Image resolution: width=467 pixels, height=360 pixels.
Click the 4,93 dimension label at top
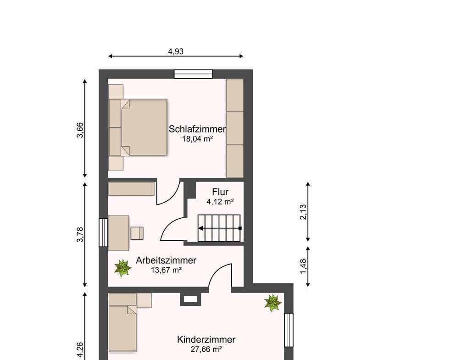click(176, 51)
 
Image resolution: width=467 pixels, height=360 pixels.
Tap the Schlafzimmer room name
click(197, 129)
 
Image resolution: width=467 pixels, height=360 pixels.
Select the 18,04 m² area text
click(197, 139)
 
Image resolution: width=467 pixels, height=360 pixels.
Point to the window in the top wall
click(194, 74)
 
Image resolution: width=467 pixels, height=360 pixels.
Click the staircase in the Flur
click(219, 228)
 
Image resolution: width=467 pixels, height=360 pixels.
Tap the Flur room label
click(220, 192)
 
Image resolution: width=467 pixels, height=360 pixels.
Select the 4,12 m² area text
click(220, 202)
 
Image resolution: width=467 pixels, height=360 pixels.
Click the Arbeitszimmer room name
click(166, 260)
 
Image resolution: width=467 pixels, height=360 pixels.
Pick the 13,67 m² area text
click(166, 270)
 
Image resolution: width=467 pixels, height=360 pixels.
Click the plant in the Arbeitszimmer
click(122, 268)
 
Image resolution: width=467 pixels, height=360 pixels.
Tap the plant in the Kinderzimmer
click(272, 303)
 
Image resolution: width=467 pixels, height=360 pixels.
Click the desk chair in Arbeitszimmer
click(137, 233)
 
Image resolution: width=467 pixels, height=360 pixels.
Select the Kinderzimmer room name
click(206, 340)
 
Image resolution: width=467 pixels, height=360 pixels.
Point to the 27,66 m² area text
click(206, 349)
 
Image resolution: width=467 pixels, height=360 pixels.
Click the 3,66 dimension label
click(80, 130)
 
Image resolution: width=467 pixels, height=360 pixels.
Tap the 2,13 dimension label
click(303, 212)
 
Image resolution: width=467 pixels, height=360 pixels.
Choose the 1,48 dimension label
click(303, 266)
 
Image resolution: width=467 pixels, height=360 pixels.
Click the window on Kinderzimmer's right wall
click(289, 330)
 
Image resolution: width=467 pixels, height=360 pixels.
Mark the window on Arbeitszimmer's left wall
click(103, 233)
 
